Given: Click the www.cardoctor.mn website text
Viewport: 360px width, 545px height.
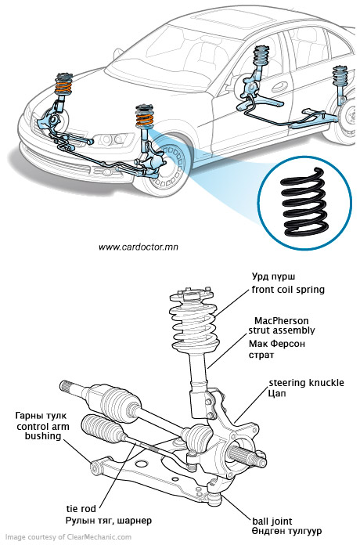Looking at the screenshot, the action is point(139,247).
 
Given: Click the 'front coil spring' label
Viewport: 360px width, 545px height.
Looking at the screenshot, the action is point(288,290).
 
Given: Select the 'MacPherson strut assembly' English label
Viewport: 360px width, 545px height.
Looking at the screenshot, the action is point(282,325).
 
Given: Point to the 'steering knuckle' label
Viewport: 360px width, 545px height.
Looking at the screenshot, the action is point(307,383).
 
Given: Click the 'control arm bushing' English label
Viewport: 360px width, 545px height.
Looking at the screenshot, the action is point(43,431).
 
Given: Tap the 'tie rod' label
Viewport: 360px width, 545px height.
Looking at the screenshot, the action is point(81,509).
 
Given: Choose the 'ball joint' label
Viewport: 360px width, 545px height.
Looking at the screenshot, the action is point(272,521).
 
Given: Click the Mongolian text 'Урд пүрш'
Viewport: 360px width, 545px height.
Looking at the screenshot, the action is point(273,276).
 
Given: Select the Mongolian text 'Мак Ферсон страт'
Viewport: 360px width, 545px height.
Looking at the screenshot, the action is point(276,349).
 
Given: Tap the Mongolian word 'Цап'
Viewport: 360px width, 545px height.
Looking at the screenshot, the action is point(277,394).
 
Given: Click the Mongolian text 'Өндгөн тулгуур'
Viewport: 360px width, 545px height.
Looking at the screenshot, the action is point(286,532).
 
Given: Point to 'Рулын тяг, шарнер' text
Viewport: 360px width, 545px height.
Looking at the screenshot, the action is point(109,520).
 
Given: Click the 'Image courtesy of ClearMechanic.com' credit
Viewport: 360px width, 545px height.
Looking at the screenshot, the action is point(68,537).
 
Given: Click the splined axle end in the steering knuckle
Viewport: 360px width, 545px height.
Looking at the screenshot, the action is point(247,456).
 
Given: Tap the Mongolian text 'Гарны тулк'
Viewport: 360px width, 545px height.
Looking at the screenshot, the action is point(41,416).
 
